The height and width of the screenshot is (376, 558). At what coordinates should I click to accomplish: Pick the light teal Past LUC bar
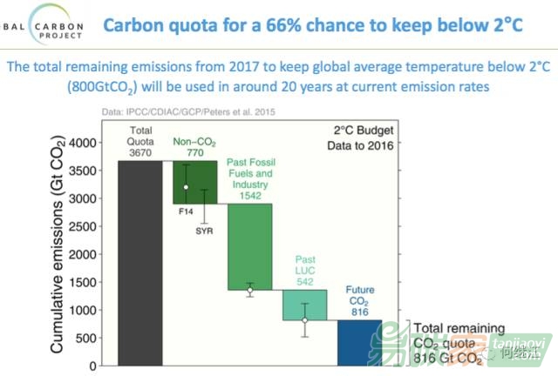[x=304, y=305]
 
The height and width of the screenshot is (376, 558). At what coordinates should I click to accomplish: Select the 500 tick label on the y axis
[x=89, y=337]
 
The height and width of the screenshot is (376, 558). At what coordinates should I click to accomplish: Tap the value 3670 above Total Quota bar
[x=139, y=150]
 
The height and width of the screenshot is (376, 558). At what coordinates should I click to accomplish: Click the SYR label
[x=205, y=231]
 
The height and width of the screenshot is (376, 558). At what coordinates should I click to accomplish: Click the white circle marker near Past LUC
[x=304, y=320]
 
